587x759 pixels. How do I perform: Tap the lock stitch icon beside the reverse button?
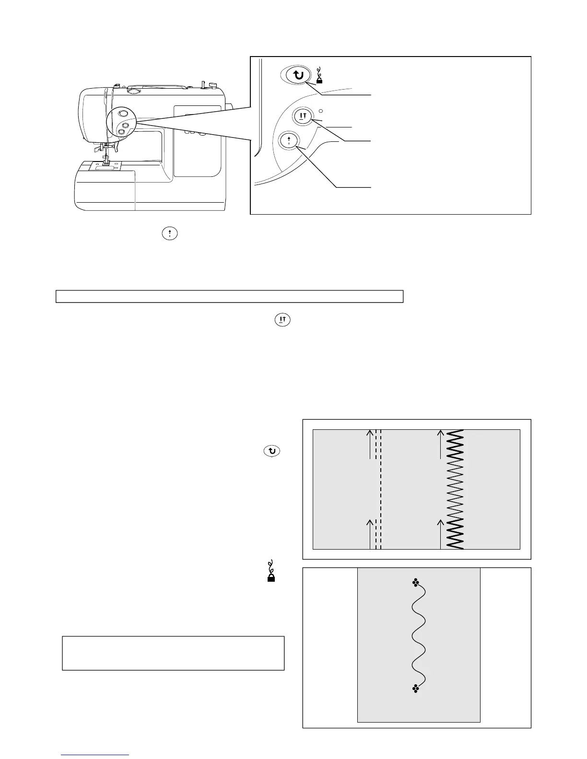(x=319, y=76)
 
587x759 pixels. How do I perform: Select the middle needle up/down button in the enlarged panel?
(x=303, y=116)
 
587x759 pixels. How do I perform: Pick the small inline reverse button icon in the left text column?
(x=272, y=451)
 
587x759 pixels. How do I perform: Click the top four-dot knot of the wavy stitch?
(x=415, y=583)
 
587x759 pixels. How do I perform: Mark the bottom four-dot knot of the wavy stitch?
(x=415, y=689)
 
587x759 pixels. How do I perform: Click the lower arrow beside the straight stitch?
(x=370, y=533)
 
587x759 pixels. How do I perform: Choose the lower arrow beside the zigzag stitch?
(x=441, y=533)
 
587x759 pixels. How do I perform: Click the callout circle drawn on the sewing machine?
(x=122, y=122)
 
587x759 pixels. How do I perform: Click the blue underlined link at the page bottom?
(x=95, y=755)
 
